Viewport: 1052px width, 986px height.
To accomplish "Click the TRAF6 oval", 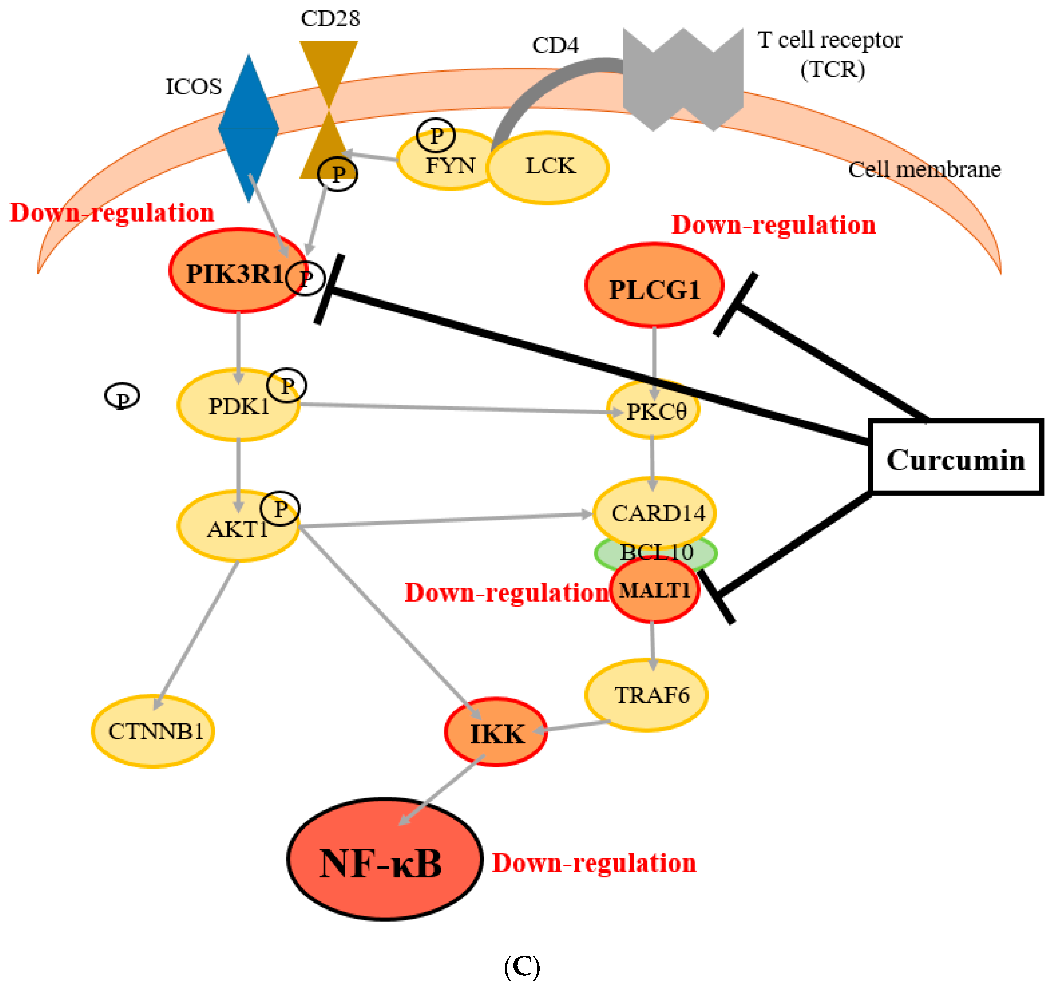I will coord(647,695).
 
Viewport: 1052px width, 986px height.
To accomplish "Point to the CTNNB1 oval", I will coord(153,731).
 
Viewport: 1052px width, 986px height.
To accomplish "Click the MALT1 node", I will coord(654,590).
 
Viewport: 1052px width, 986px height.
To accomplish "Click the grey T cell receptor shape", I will coord(683,79).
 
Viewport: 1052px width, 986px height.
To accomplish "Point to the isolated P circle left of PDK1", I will coord(122,396).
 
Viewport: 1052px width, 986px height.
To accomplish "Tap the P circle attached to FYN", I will coord(436,135).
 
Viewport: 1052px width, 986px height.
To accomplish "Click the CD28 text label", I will coord(330,18).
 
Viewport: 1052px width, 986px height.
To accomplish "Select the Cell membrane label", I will coord(924,169).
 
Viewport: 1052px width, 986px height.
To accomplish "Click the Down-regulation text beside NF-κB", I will coord(594,863).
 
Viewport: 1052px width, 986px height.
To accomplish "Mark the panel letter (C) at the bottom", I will coord(521,966).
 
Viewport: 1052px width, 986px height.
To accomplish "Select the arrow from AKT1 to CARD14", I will coord(444,520).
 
